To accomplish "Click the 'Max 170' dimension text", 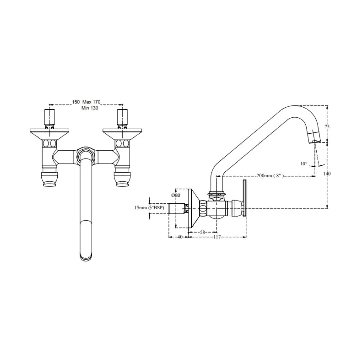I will click(91, 102).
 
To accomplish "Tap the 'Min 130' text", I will click(90, 108).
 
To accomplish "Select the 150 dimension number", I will click(76, 102).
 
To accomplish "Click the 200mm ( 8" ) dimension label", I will click(270, 176).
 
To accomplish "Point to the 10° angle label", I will click(303, 163).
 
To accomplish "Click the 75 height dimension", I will click(327, 127).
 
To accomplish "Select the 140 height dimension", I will click(327, 173).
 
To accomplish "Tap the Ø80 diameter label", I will click(176, 195).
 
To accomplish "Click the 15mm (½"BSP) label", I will click(149, 208).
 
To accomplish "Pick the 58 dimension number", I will click(202, 233).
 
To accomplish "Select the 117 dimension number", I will click(217, 237).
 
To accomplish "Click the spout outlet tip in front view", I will click(86, 257).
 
